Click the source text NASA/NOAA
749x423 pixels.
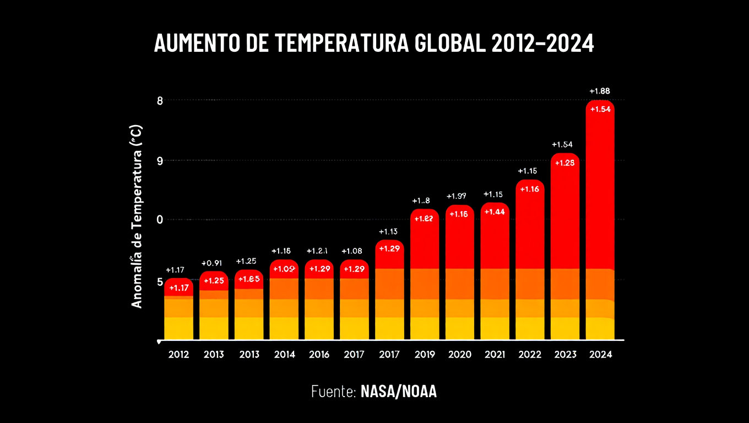point(398,392)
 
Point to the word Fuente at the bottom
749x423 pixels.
point(333,392)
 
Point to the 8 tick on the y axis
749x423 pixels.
point(160,100)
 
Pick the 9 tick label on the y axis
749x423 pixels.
point(160,161)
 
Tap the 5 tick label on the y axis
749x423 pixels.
point(160,281)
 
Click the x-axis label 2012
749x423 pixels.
point(178,354)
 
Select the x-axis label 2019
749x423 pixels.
point(425,354)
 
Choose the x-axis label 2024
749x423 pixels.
point(600,354)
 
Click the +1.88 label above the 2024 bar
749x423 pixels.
point(600,91)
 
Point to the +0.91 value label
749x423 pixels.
point(214,263)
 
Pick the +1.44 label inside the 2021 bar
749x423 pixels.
point(495,211)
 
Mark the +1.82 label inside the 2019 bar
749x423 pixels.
point(425,218)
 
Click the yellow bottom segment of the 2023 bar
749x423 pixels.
point(565,328)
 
